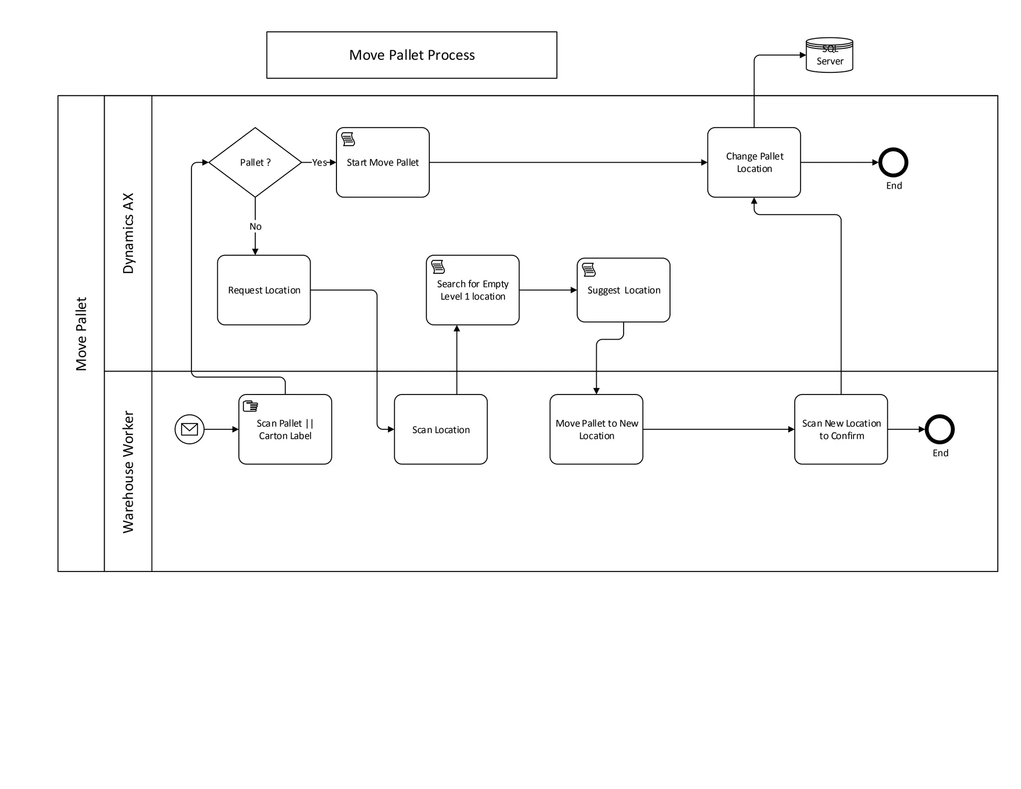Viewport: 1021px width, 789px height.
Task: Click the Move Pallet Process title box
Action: [x=411, y=55]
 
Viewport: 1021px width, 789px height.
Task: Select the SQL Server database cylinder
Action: [x=829, y=55]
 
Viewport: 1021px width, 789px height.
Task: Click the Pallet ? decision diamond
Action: [x=255, y=162]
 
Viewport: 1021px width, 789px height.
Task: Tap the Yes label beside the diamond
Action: [x=319, y=163]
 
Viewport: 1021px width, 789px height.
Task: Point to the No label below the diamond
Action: [x=255, y=226]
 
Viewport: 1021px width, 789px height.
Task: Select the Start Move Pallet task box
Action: [x=382, y=162]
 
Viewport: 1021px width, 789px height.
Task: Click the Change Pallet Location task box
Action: [x=754, y=162]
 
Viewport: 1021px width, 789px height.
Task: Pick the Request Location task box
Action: [x=264, y=290]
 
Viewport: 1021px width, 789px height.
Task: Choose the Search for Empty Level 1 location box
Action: [x=472, y=290]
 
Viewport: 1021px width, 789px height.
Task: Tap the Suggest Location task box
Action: [x=623, y=290]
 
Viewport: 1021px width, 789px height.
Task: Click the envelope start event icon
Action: [x=189, y=429]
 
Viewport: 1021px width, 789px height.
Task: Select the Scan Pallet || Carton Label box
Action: [x=285, y=429]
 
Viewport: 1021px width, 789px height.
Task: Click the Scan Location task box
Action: [x=440, y=429]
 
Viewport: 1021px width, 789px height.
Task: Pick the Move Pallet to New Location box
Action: [x=596, y=429]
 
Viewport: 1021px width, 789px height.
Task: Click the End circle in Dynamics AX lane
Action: [x=893, y=162]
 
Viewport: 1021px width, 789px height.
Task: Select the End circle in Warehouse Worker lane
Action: [x=939, y=429]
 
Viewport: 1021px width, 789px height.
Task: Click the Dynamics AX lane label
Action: [x=128, y=233]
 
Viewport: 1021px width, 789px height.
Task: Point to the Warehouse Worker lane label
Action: [x=128, y=471]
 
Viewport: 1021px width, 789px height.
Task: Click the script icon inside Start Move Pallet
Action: [x=348, y=139]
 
